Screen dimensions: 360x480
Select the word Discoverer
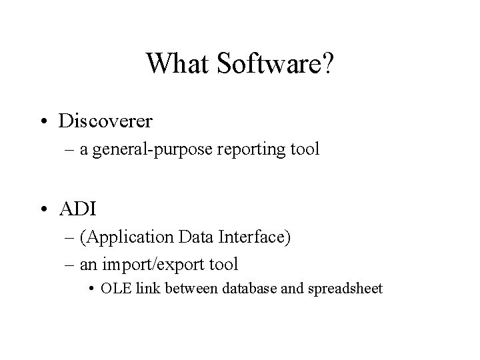click(x=105, y=121)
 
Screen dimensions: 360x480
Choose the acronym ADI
click(x=78, y=209)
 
